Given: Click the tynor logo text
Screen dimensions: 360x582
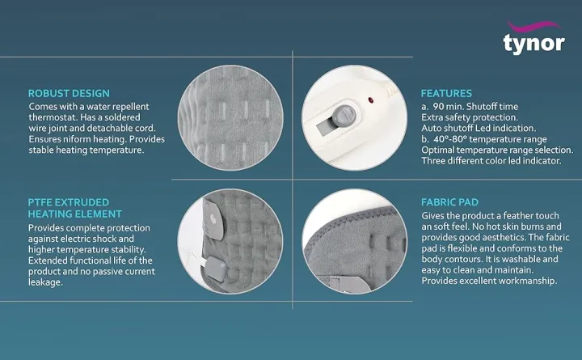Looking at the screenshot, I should click(533, 43).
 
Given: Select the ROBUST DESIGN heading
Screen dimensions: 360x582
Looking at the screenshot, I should click(69, 94).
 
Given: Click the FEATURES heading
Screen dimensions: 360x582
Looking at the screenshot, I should click(446, 94).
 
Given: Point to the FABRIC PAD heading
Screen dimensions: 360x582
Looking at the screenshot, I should click(449, 202).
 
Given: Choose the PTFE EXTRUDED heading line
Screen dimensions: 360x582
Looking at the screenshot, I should click(68, 202).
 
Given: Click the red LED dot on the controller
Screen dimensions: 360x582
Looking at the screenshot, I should click(371, 103).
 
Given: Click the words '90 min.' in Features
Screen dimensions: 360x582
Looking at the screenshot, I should click(449, 106).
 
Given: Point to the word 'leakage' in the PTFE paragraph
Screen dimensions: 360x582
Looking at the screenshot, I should click(46, 282).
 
